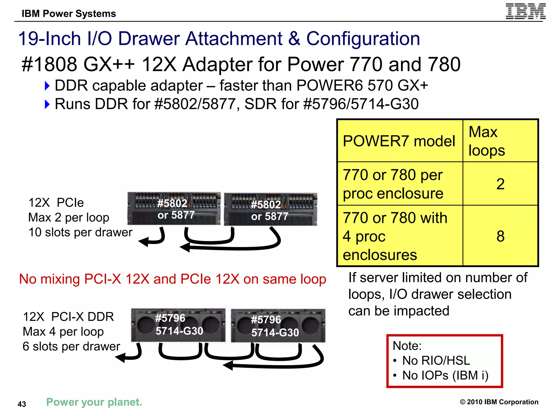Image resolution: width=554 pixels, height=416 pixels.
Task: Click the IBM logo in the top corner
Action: (525, 11)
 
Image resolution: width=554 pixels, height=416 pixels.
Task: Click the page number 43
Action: (22, 404)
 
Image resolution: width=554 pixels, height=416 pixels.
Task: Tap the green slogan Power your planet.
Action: (94, 402)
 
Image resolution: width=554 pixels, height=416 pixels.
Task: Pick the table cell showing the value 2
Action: (500, 184)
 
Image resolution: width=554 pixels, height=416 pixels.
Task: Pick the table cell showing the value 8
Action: (500, 236)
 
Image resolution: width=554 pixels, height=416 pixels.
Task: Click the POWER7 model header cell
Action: (399, 141)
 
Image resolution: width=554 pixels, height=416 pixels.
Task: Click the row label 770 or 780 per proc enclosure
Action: (393, 184)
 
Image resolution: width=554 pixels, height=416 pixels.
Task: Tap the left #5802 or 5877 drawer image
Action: (174, 209)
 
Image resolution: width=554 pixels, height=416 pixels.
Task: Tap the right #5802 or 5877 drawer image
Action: (270, 209)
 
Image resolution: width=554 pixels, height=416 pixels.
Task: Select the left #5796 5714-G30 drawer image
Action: (178, 325)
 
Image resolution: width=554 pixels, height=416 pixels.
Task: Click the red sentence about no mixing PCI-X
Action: (173, 279)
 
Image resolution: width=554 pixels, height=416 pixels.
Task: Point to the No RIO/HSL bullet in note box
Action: (436, 360)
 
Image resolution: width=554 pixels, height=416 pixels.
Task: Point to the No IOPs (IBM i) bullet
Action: (445, 375)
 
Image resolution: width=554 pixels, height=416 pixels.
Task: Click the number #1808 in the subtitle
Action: (49, 64)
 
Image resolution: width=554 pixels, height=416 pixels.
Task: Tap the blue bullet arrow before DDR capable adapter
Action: (47, 86)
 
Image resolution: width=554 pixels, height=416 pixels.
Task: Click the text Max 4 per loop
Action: (63, 331)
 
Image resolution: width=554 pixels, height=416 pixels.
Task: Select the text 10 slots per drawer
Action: (80, 232)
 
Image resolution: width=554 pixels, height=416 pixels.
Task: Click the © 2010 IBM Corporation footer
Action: (499, 402)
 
